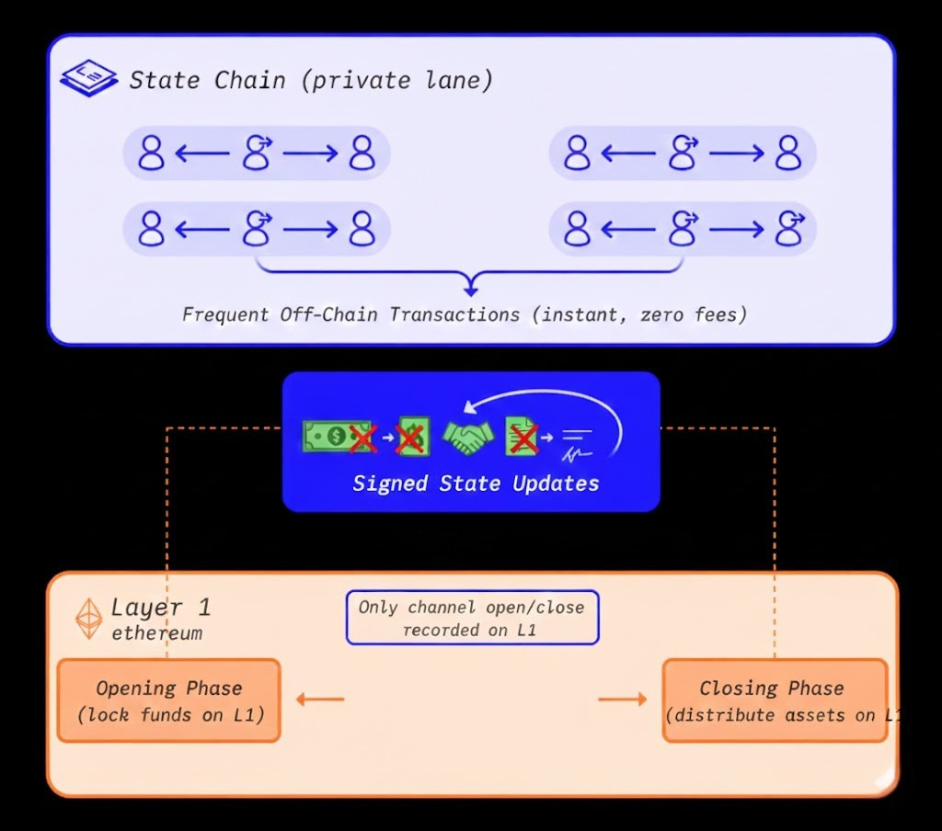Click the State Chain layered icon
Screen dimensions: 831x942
coord(88,80)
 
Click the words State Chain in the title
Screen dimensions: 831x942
coord(207,81)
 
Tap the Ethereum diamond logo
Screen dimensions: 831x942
coord(89,619)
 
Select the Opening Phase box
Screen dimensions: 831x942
coord(168,700)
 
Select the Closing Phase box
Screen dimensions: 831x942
coord(774,700)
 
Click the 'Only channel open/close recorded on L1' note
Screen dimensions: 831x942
coord(471,618)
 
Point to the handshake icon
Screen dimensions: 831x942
coord(467,438)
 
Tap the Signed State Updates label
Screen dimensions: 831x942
coord(476,484)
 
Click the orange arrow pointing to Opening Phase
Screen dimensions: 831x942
coord(320,700)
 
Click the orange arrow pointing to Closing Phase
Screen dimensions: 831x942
coord(623,700)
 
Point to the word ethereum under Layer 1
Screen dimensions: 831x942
coord(156,633)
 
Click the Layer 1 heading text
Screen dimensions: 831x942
coord(160,608)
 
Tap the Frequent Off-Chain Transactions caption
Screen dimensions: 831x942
coord(465,314)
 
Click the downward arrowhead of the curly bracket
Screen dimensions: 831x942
coord(470,290)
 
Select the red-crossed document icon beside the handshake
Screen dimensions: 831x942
coord(521,438)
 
